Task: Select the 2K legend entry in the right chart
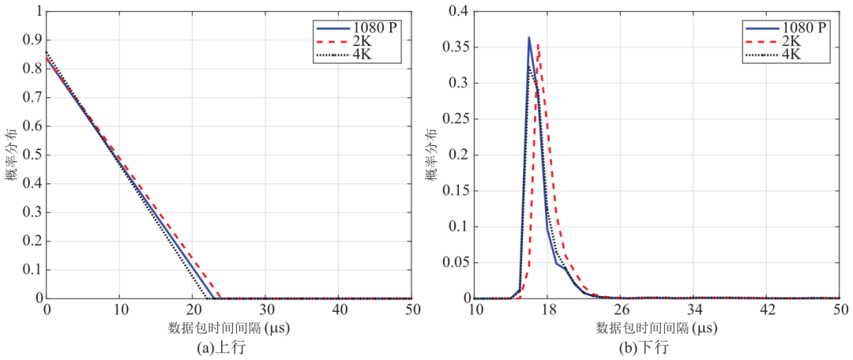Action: [791, 42]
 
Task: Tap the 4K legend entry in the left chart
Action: [364, 55]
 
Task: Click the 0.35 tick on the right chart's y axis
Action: [455, 47]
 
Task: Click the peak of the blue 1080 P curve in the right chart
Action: [529, 37]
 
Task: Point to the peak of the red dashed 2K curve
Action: [538, 45]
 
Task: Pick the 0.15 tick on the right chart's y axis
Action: [455, 190]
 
